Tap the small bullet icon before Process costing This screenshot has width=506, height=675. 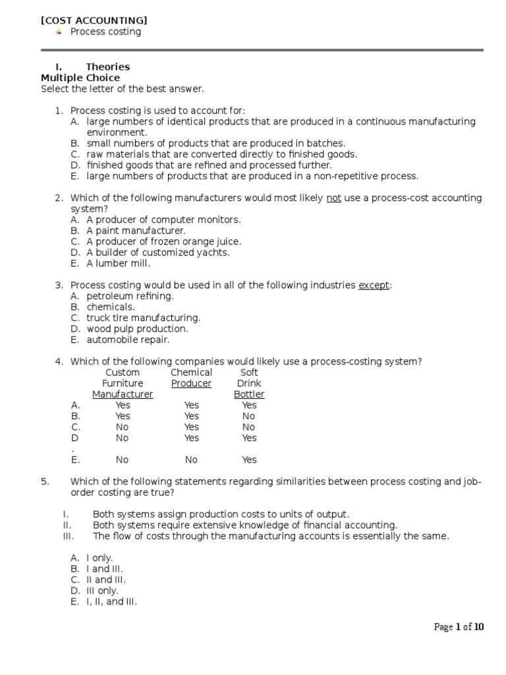[x=59, y=32]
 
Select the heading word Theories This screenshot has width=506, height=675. [x=107, y=67]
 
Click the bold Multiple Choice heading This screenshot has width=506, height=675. [x=80, y=78]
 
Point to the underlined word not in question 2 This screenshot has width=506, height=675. [x=333, y=198]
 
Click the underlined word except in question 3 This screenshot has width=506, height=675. [x=374, y=285]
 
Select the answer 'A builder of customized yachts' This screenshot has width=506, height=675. [x=158, y=252]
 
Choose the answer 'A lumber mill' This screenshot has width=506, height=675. [x=119, y=263]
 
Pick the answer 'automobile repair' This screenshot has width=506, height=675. [x=128, y=339]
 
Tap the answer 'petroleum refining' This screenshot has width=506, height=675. [x=130, y=296]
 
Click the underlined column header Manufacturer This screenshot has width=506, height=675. [x=123, y=394]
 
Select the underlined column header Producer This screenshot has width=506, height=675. [x=191, y=383]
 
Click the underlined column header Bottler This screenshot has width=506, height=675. [x=249, y=394]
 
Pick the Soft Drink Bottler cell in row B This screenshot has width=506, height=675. [x=248, y=416]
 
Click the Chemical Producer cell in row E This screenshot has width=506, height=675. [x=191, y=459]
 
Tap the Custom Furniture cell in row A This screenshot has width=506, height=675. [x=123, y=405]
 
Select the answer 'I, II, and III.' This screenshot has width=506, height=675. [x=111, y=601]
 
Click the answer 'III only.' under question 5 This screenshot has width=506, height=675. [x=102, y=591]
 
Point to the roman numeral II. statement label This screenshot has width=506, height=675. [x=67, y=525]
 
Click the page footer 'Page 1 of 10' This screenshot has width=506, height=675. [x=459, y=627]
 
